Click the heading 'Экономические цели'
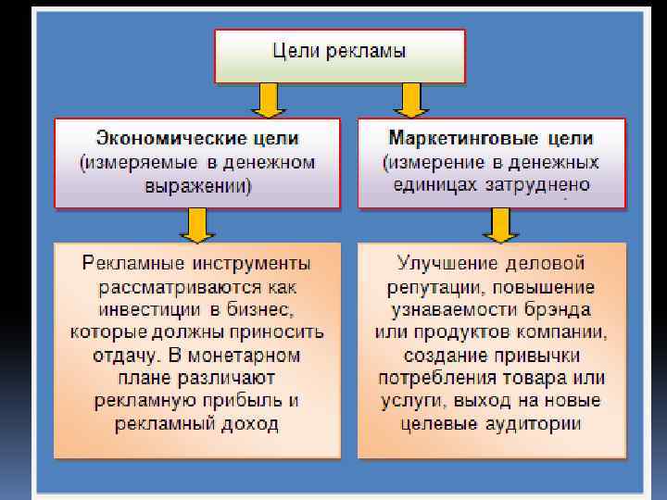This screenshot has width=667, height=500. [x=196, y=139]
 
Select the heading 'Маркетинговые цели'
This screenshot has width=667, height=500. [x=491, y=139]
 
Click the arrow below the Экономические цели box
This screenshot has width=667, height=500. [x=196, y=224]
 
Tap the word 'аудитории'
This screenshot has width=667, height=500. [x=536, y=425]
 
